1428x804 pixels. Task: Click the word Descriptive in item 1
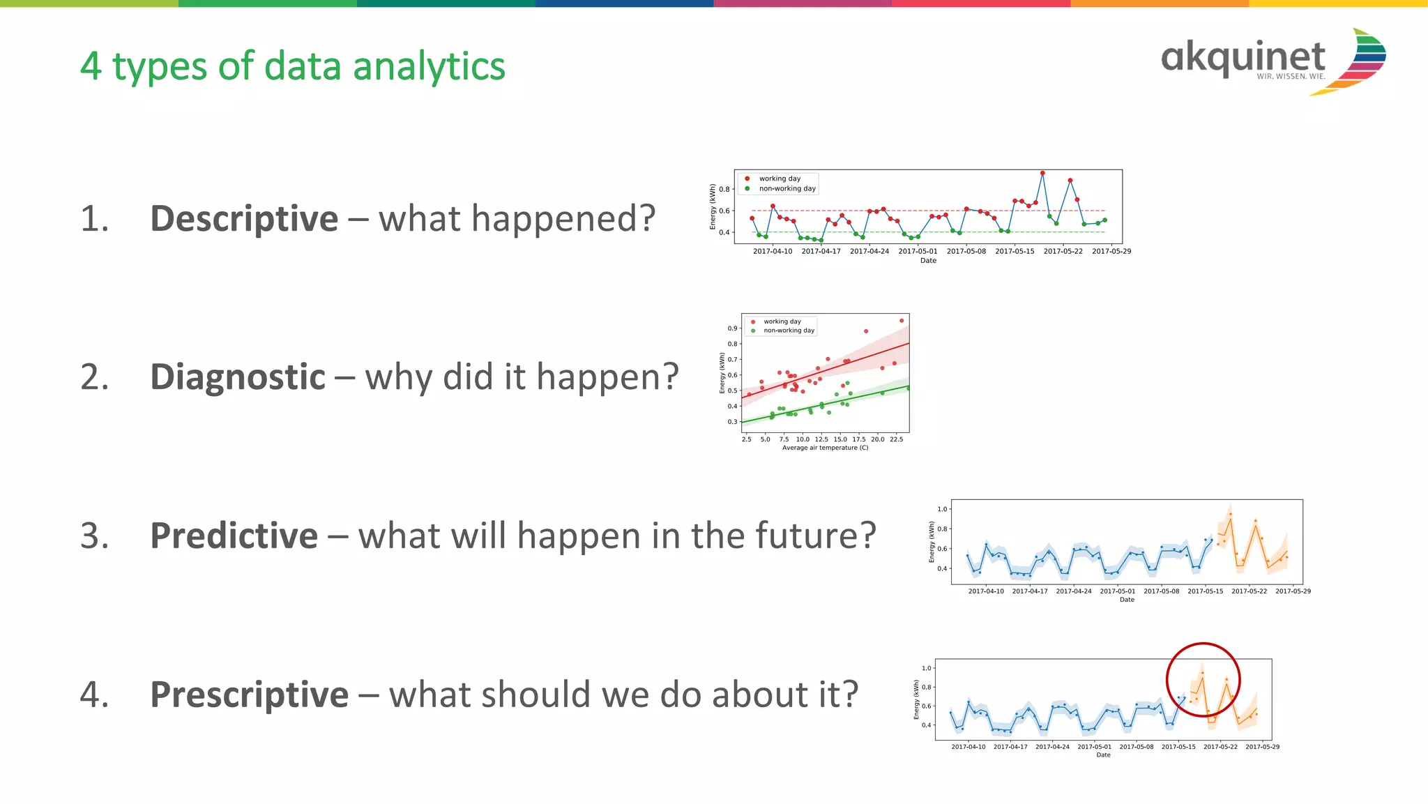click(244, 218)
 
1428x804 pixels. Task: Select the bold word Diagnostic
click(238, 377)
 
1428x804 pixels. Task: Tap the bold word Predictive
click(234, 536)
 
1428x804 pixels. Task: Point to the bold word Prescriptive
click(249, 695)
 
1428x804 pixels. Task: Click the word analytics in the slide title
click(429, 67)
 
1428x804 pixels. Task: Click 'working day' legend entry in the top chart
click(780, 179)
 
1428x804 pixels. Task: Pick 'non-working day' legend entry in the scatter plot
click(789, 331)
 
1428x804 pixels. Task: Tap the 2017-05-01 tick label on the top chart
click(918, 251)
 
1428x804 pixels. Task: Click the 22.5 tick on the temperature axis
click(896, 439)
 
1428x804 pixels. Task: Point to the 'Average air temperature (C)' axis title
click(825, 448)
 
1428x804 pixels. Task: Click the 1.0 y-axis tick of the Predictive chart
click(942, 509)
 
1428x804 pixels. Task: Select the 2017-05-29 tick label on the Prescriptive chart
click(1262, 747)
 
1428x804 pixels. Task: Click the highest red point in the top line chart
click(1042, 173)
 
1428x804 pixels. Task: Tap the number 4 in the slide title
click(91, 67)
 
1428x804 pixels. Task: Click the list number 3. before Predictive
click(95, 536)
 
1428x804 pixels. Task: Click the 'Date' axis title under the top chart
click(928, 261)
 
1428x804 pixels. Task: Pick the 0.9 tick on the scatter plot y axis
click(732, 328)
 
